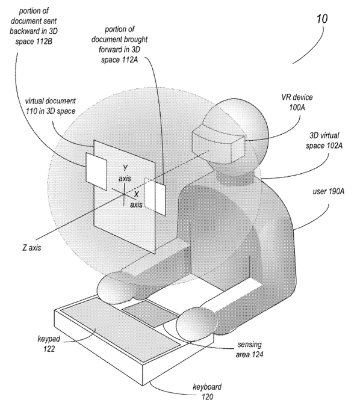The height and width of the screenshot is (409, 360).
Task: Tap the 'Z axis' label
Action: point(31,247)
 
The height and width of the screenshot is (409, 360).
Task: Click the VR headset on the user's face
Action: point(218,140)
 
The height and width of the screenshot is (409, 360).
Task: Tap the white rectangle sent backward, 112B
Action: point(96,167)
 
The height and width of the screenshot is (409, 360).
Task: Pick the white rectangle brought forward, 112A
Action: point(155,195)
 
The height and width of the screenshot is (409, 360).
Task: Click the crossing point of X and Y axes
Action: point(123,192)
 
